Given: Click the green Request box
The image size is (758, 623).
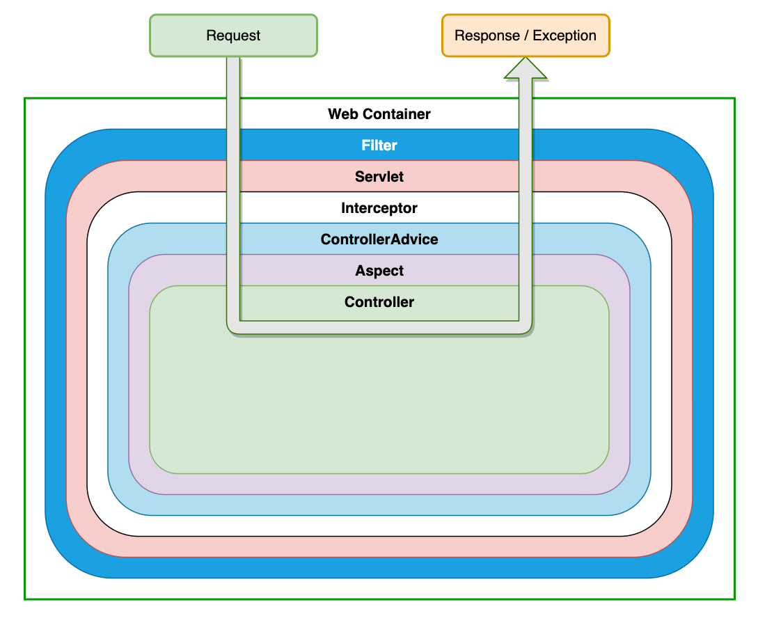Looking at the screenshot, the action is pyautogui.click(x=233, y=36).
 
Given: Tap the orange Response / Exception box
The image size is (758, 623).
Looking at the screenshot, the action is pyautogui.click(x=526, y=36).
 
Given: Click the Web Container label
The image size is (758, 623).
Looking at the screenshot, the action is pyautogui.click(x=379, y=114).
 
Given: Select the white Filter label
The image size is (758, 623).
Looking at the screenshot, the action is pyautogui.click(x=379, y=145).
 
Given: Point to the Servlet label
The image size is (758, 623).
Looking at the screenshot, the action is pyautogui.click(x=379, y=176).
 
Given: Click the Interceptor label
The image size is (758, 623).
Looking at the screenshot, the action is pyautogui.click(x=379, y=208).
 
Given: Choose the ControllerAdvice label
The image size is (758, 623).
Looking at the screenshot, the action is pyautogui.click(x=379, y=239).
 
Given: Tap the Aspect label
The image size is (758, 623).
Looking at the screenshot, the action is pyautogui.click(x=379, y=271).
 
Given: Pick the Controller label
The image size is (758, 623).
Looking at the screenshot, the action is pyautogui.click(x=379, y=302).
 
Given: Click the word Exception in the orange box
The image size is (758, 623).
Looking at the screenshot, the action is pyautogui.click(x=564, y=36).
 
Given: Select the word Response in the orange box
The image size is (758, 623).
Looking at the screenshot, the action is pyautogui.click(x=487, y=36).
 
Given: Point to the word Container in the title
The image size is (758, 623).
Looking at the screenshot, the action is pyautogui.click(x=397, y=114).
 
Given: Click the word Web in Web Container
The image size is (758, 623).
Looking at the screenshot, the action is pyautogui.click(x=343, y=114).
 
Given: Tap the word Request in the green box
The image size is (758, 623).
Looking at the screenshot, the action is pyautogui.click(x=233, y=36).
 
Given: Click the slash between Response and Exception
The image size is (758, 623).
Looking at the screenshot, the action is pyautogui.click(x=526, y=36).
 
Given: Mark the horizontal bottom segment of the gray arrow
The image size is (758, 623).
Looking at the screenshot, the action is pyautogui.click(x=379, y=327).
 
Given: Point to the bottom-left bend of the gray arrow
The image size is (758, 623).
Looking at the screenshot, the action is pyautogui.click(x=233, y=327).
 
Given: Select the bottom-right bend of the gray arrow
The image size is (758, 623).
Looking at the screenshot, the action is pyautogui.click(x=526, y=327).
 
